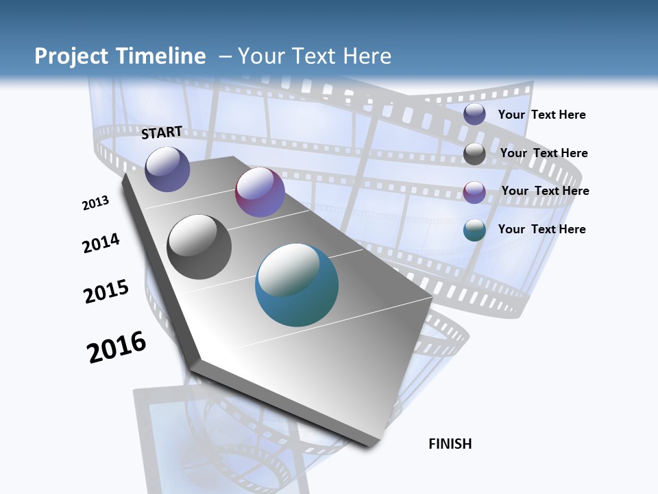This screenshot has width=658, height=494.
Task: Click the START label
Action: [162, 132]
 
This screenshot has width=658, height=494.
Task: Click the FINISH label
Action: [450, 444]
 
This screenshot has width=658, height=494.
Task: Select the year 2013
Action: [95, 203]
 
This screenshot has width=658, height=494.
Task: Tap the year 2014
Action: [101, 243]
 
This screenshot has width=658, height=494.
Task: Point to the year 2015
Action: [106, 292]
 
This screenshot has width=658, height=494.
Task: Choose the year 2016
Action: [117, 346]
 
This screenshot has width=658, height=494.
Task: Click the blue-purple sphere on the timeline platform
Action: [167, 169]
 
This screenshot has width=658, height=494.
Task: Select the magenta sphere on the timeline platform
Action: [260, 192]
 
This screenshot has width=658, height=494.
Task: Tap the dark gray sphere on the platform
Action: [199, 247]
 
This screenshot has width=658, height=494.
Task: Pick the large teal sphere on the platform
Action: [297, 285]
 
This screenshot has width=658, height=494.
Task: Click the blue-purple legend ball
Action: [474, 115]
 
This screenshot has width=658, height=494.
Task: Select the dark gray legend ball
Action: [474, 154]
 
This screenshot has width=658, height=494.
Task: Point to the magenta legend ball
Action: [474, 192]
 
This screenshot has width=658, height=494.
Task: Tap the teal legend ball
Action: [474, 230]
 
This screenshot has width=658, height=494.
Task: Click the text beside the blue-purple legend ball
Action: [541, 115]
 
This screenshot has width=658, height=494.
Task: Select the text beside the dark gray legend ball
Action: [544, 153]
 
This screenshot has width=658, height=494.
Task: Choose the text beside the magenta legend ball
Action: [545, 191]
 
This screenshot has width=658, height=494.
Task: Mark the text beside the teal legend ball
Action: [541, 229]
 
